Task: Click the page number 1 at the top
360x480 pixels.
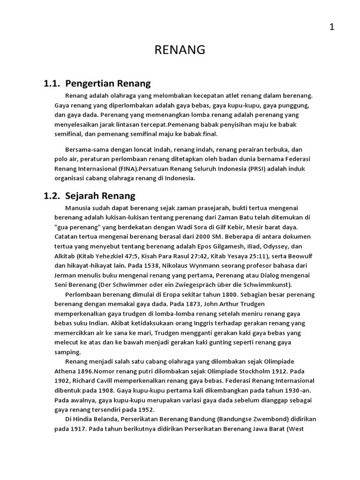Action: coord(331,27)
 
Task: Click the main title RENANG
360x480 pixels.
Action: coord(180,50)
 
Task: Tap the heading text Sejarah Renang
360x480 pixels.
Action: coord(100,196)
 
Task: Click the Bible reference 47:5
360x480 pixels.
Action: coord(121,256)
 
